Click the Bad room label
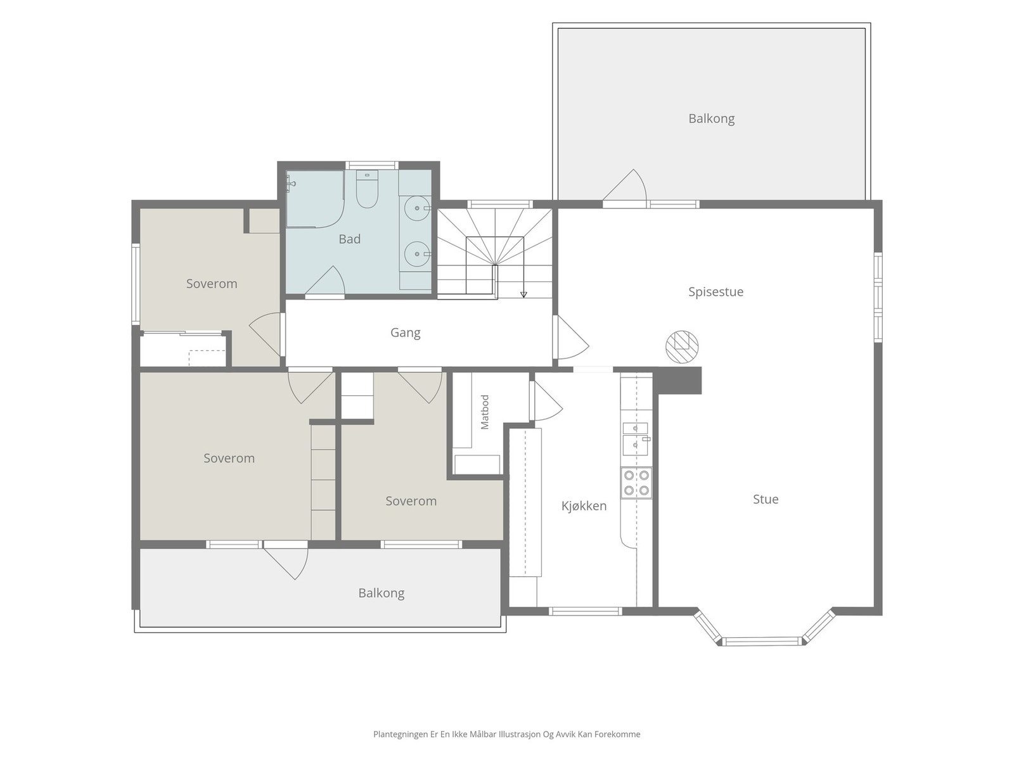[349, 239]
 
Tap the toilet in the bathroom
[367, 189]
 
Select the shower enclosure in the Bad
[315, 199]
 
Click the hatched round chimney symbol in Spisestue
[682, 347]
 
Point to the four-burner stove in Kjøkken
[636, 483]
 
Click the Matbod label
[485, 412]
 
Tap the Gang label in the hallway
[405, 332]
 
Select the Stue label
[766, 499]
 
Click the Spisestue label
[716, 292]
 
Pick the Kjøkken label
[584, 506]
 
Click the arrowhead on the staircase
[523, 294]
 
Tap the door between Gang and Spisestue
[572, 338]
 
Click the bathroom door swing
[325, 280]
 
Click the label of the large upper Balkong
[712, 118]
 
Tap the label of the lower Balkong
[381, 593]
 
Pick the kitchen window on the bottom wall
[586, 611]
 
